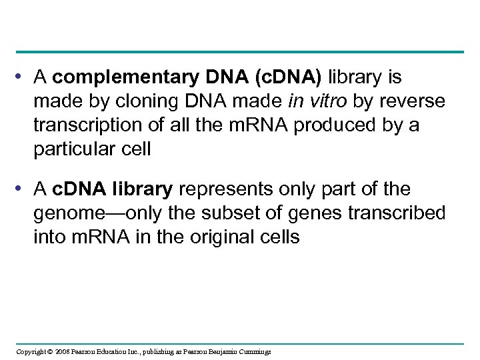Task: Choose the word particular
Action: click(x=74, y=149)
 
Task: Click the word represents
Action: click(x=217, y=190)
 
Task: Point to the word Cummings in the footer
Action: click(x=254, y=351)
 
